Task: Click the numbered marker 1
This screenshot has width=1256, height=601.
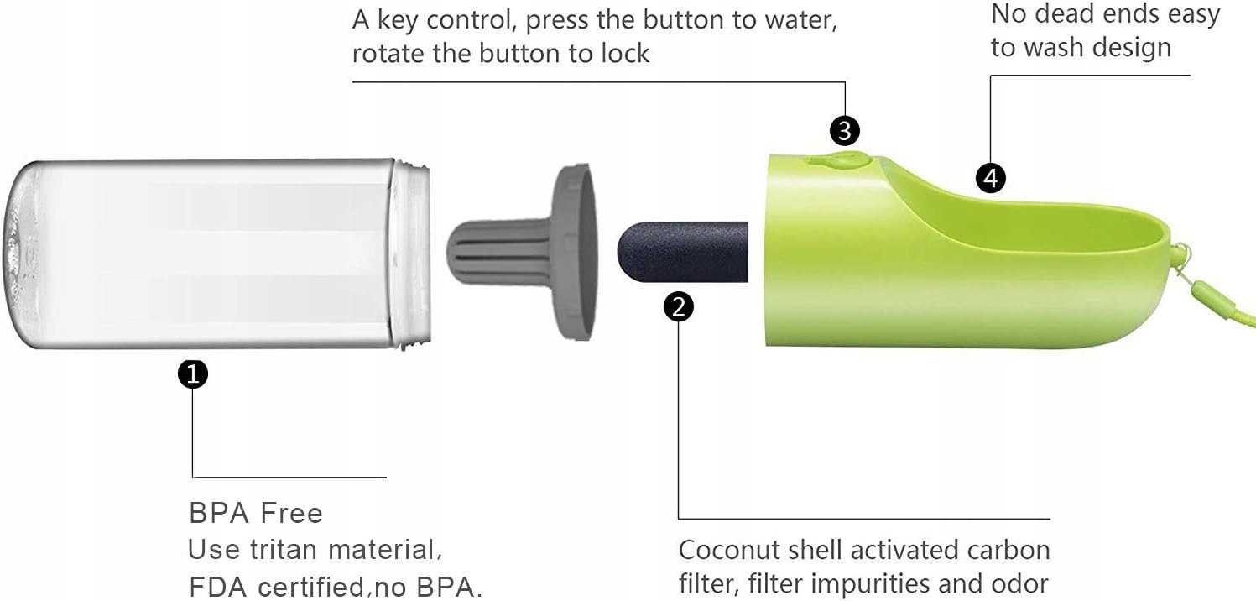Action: click(193, 374)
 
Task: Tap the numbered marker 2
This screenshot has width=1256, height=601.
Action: click(679, 307)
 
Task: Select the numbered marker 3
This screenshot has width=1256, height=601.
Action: click(844, 131)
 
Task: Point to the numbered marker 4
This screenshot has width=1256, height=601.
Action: click(991, 179)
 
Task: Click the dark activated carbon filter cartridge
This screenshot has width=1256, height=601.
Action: click(683, 252)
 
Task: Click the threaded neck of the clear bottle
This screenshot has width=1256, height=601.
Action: click(411, 253)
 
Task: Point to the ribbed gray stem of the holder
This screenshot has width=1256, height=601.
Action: click(499, 252)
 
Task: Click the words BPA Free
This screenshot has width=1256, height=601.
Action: click(256, 513)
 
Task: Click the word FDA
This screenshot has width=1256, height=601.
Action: click(218, 587)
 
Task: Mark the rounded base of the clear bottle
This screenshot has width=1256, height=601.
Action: click(19, 253)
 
